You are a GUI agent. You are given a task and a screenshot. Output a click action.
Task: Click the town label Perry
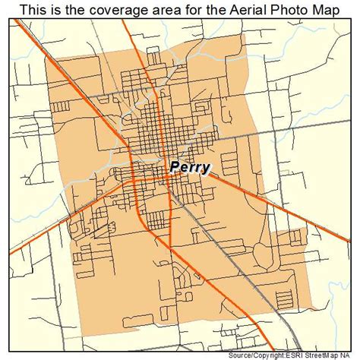pyautogui.click(x=190, y=166)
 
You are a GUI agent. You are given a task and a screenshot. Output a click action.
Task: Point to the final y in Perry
pyautogui.click(x=206, y=168)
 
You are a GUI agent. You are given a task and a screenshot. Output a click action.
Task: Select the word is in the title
pyautogui.click(x=61, y=9)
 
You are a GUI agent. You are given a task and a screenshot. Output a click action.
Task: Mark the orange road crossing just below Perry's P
pyautogui.click(x=169, y=176)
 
